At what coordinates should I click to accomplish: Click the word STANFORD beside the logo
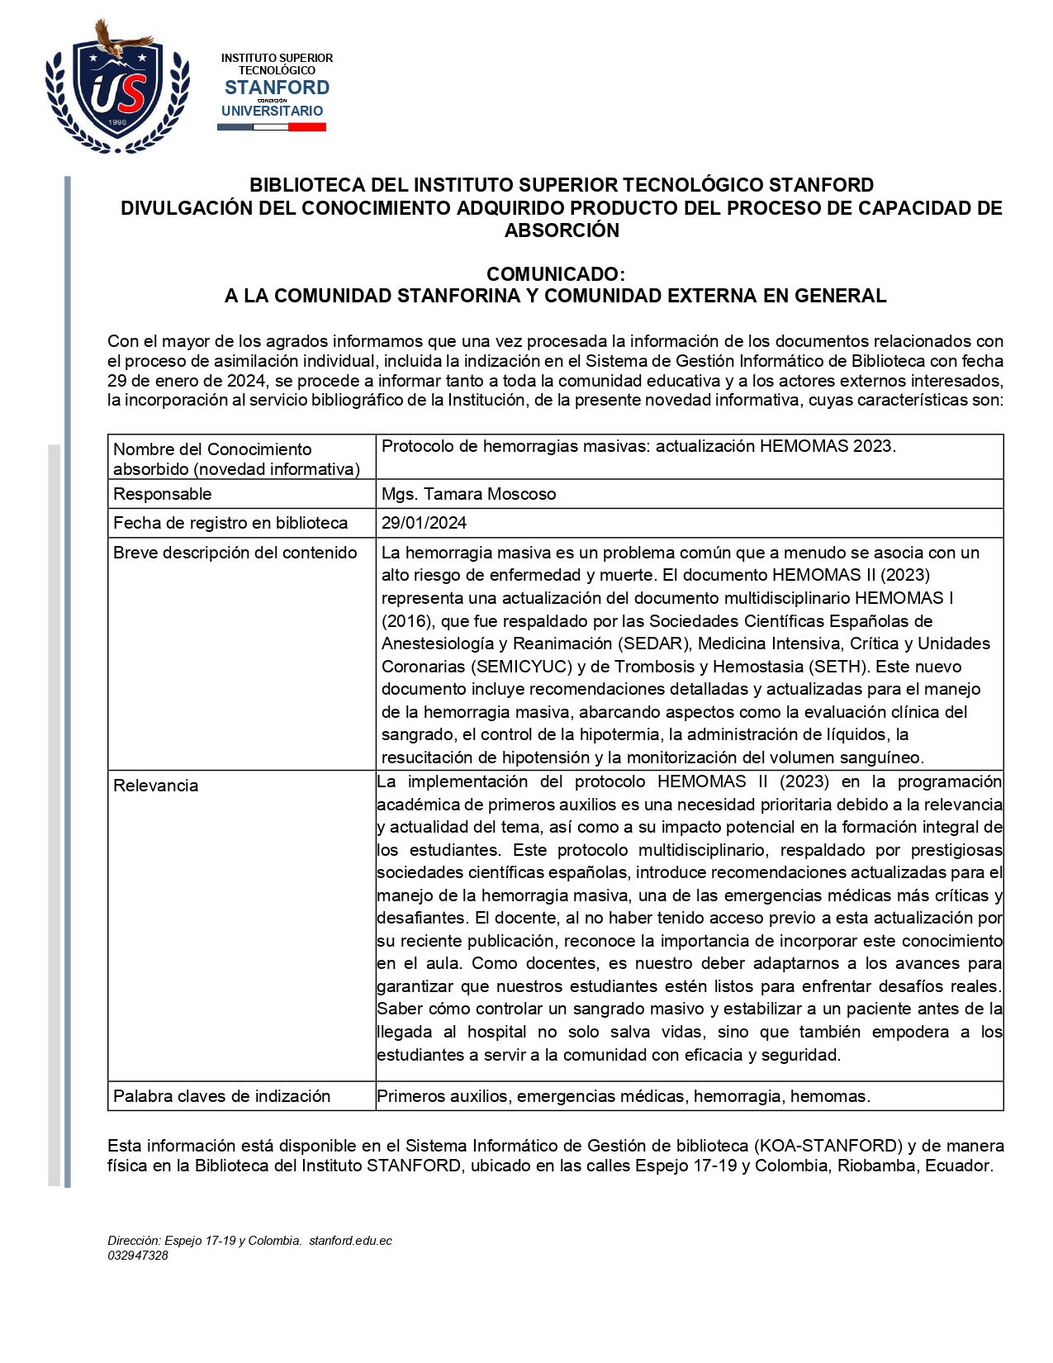point(277,88)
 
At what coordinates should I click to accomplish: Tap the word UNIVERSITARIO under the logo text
point(272,111)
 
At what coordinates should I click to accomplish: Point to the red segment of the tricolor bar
point(307,127)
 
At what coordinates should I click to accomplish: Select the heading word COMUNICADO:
point(555,273)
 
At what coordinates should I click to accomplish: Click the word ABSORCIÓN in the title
point(562,230)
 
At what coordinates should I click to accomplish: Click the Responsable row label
point(163,494)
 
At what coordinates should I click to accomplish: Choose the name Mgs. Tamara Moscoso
point(468,494)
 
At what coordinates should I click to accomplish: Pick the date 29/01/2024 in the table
point(424,523)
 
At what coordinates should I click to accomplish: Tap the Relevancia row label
point(156,786)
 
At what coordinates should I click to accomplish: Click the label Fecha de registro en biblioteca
point(230,523)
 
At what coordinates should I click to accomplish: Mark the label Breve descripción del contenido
point(235,553)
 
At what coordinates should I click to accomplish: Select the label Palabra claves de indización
point(222,1096)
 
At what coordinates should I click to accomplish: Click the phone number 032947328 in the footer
point(138,1256)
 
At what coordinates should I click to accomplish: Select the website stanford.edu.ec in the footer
point(350,1241)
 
